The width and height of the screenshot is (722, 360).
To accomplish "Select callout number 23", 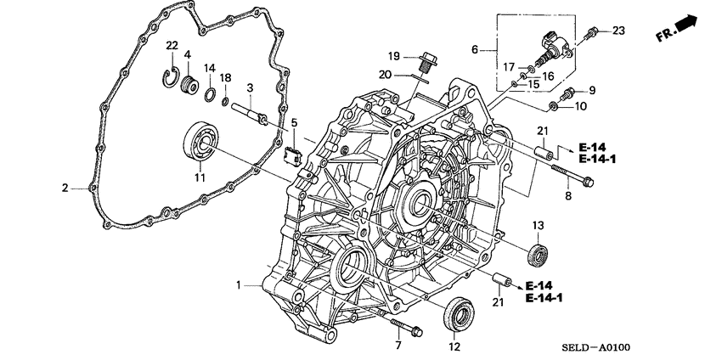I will tap(618, 31).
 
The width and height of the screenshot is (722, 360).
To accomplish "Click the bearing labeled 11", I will tap(201, 140).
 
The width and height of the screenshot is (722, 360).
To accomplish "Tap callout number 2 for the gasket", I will tap(65, 188).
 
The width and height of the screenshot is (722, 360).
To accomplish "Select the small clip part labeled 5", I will tap(295, 155).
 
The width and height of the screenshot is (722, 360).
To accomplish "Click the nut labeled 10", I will tap(553, 106).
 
